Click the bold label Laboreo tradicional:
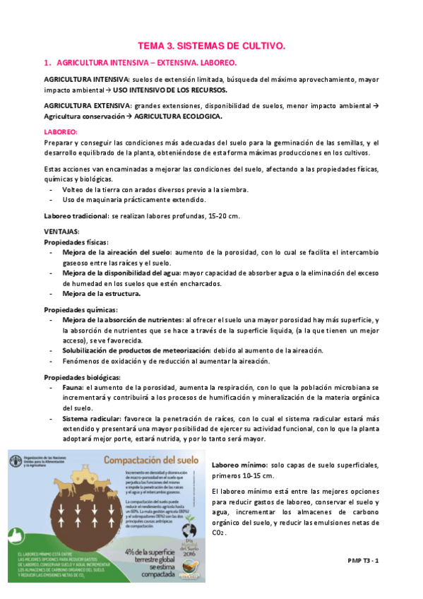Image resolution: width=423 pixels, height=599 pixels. [x=76, y=215]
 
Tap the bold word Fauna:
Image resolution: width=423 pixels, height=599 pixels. [x=73, y=388]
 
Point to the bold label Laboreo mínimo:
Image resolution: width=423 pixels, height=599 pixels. [x=239, y=465]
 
